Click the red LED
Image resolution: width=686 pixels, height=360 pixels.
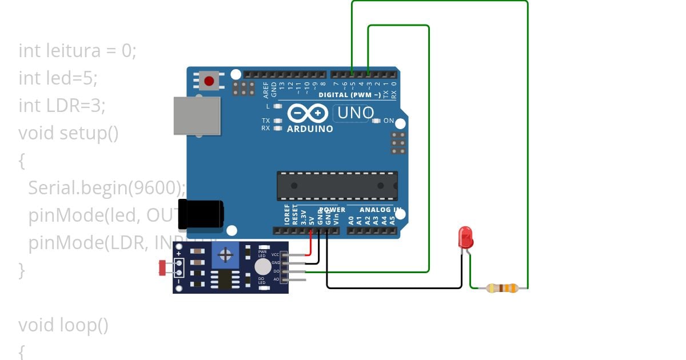click(465, 237)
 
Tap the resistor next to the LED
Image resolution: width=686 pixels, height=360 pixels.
click(502, 288)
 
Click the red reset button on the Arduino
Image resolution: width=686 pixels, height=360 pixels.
click(209, 81)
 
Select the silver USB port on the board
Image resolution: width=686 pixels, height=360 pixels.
click(197, 115)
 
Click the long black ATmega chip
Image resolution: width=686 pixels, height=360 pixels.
click(337, 186)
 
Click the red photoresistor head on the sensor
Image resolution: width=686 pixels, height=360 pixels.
click(163, 267)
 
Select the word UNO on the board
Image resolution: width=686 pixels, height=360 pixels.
click(356, 113)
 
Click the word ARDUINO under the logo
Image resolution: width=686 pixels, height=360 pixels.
click(309, 129)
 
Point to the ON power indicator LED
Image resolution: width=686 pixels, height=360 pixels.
click(376, 121)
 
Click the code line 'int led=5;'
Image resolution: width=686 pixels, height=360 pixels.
click(58, 78)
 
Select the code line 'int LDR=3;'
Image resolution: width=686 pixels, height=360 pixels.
click(62, 105)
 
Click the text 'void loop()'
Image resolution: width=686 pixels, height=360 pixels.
click(63, 325)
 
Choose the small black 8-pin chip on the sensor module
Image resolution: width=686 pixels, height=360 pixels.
click(224, 280)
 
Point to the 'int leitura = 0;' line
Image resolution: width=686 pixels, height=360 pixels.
click(77, 50)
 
